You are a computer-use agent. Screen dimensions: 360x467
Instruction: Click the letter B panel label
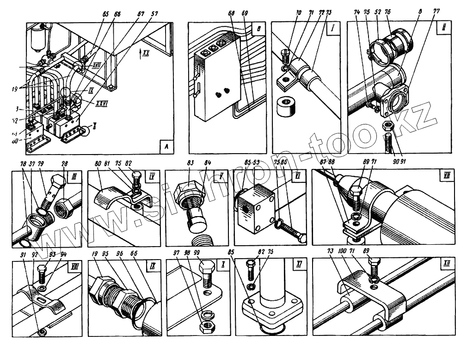click(x=259, y=28)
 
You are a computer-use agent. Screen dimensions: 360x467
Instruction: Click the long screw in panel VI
click(x=290, y=230)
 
